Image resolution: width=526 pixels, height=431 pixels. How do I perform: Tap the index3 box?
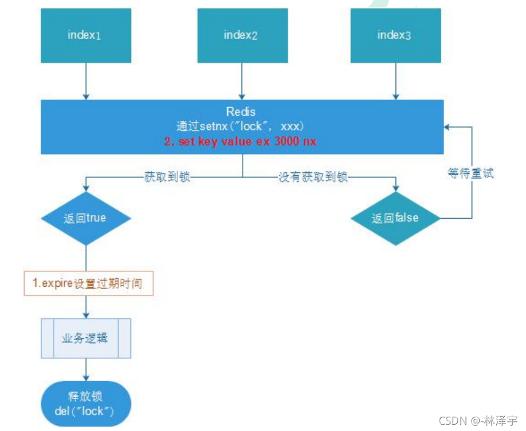pyautogui.click(x=396, y=35)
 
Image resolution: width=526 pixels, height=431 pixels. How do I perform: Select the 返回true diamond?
pyautogui.click(x=86, y=219)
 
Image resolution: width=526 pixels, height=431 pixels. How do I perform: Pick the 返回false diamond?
pyautogui.click(x=396, y=218)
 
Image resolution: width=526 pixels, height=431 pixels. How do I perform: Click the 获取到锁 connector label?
pyautogui.click(x=165, y=177)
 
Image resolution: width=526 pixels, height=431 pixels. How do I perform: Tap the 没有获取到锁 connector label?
pyautogui.click(x=313, y=177)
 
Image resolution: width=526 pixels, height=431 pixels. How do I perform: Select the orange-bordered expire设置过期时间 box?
pyautogui.click(x=89, y=283)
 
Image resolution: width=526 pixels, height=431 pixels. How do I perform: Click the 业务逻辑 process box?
pyautogui.click(x=86, y=338)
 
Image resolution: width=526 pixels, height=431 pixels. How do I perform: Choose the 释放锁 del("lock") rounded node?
pyautogui.click(x=86, y=404)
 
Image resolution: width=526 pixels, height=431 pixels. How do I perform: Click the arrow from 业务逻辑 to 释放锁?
pyautogui.click(x=86, y=370)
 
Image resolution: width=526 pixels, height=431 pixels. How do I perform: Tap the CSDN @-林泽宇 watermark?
pyautogui.click(x=478, y=421)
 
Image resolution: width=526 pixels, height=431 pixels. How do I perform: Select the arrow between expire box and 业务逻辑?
pyautogui.click(x=86, y=307)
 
